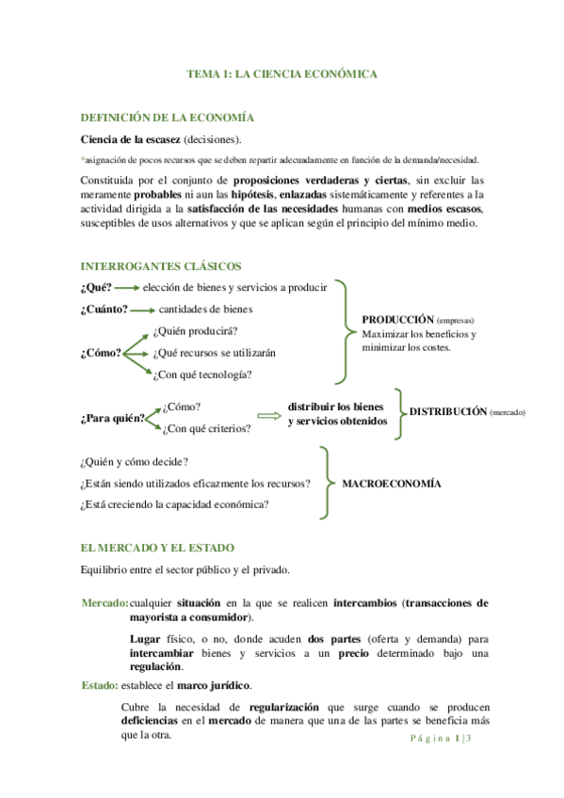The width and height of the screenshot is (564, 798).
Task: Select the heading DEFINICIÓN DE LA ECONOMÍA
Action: pos(168,118)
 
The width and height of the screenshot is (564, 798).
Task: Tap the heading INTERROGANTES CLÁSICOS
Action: pos(161,266)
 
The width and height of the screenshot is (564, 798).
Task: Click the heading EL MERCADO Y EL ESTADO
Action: pos(157,547)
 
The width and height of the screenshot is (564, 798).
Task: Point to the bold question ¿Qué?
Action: pos(97,287)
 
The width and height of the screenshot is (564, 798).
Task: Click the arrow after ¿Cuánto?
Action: pos(143,309)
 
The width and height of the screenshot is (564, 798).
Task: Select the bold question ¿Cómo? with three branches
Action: pos(101,353)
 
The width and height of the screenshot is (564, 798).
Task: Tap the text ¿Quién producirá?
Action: pos(194,331)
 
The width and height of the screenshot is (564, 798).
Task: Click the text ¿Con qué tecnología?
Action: pos(201,375)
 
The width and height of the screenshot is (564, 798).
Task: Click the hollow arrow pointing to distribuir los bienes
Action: pos(268,413)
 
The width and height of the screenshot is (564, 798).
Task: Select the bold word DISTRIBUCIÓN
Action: pos(448,412)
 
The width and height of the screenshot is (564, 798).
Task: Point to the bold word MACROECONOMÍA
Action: pos(391,483)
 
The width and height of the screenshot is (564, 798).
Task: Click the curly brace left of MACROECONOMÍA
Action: pos(325,483)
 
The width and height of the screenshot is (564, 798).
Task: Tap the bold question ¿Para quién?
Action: pos(112,419)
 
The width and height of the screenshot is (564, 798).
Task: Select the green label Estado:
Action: pos(99,685)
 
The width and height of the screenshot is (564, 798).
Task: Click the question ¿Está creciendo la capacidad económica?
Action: pos(175,504)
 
